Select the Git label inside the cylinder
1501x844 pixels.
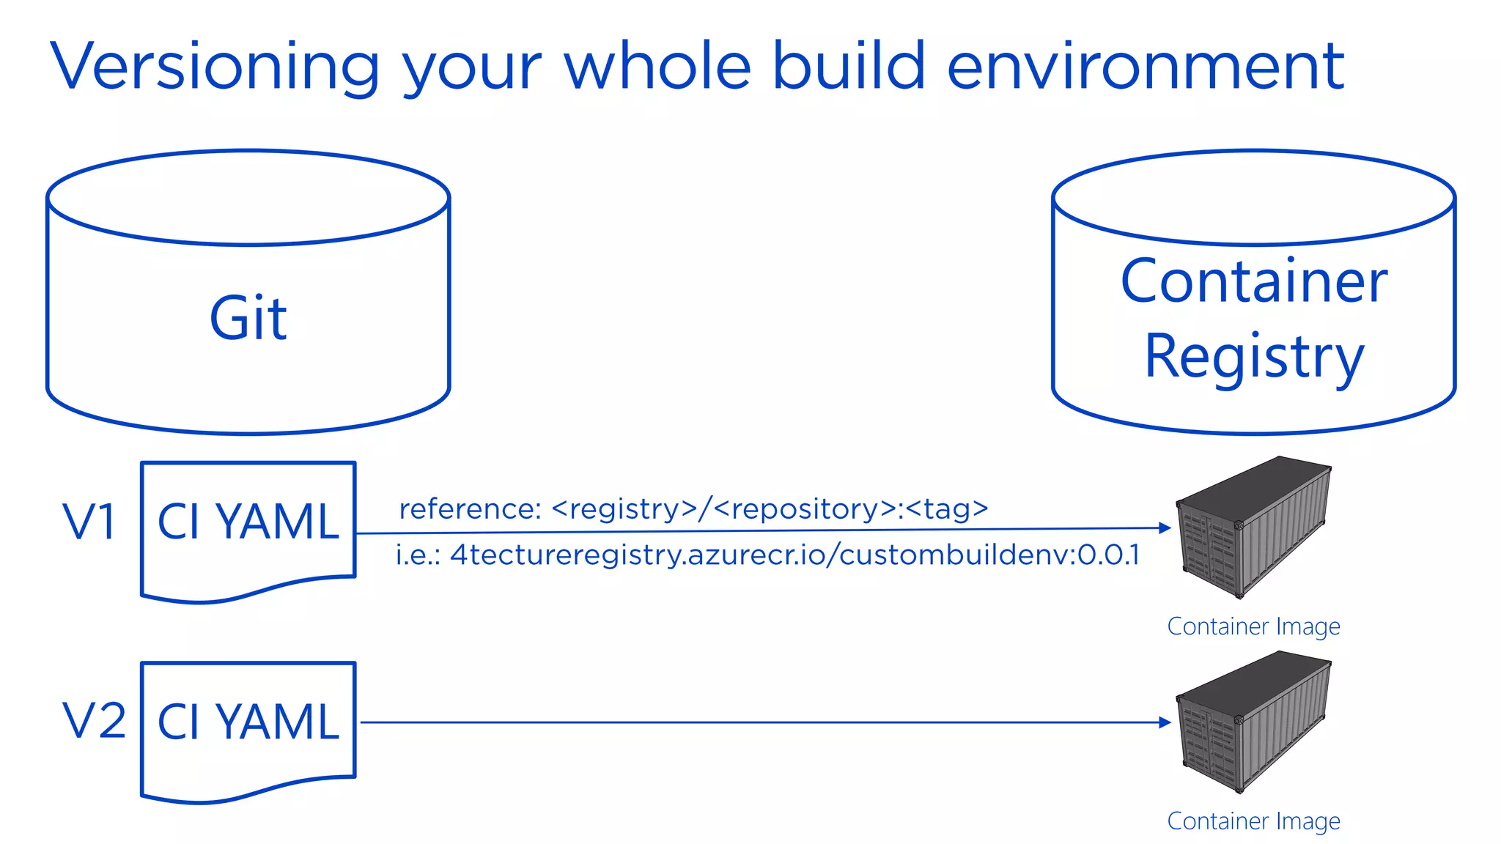[x=248, y=319]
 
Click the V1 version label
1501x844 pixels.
[x=89, y=522]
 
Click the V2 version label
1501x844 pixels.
[x=94, y=721]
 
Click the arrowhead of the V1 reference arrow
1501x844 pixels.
[x=1165, y=527]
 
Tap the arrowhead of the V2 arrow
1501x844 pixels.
[x=1165, y=722]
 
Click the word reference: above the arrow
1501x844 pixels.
[x=470, y=508]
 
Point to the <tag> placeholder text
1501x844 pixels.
[x=947, y=508]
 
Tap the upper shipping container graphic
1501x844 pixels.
[x=1253, y=526]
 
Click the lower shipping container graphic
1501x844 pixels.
[x=1253, y=722]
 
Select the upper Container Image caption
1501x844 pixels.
[x=1253, y=626]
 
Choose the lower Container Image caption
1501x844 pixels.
[x=1253, y=821]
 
